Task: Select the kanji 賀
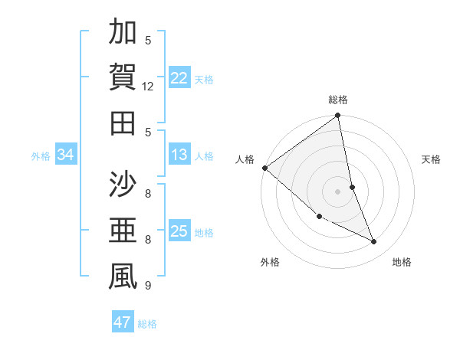click(123, 78)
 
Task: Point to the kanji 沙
click(123, 186)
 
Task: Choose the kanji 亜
click(123, 231)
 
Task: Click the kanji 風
click(123, 277)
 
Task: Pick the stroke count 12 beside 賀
click(149, 87)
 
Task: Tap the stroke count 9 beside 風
click(149, 286)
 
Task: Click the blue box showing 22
click(179, 77)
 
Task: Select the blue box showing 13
click(179, 155)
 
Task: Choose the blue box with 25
click(179, 231)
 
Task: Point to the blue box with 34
click(65, 155)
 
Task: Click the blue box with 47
click(122, 322)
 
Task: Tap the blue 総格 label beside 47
click(147, 324)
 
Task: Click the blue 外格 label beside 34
click(41, 156)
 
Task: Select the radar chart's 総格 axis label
click(338, 100)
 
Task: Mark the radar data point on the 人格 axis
click(264, 168)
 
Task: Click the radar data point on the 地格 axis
click(374, 242)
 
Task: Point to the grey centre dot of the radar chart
click(338, 191)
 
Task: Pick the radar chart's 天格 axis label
click(432, 159)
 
